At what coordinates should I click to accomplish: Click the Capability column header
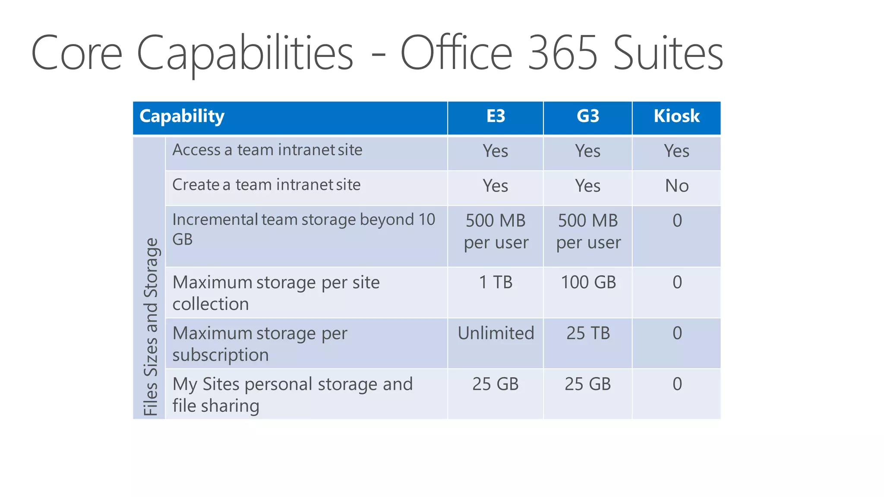point(182,116)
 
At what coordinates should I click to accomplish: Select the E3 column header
point(496,116)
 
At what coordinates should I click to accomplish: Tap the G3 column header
point(588,116)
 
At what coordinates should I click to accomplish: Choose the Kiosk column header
point(676,116)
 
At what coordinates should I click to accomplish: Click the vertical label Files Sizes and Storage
point(151,327)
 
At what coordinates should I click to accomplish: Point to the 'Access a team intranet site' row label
point(267,150)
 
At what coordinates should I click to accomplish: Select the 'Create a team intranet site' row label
point(266,185)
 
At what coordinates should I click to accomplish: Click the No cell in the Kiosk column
point(677,186)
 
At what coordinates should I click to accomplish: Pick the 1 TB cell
point(496,283)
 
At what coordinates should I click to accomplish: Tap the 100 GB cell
point(588,283)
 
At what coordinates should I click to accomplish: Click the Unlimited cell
point(496,333)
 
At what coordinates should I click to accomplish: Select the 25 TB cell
point(588,333)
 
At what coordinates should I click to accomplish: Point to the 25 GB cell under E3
point(496,384)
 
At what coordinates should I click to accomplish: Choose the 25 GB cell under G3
point(588,384)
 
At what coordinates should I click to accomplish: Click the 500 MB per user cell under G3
point(588,232)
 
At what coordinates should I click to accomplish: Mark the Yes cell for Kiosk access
point(676,151)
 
